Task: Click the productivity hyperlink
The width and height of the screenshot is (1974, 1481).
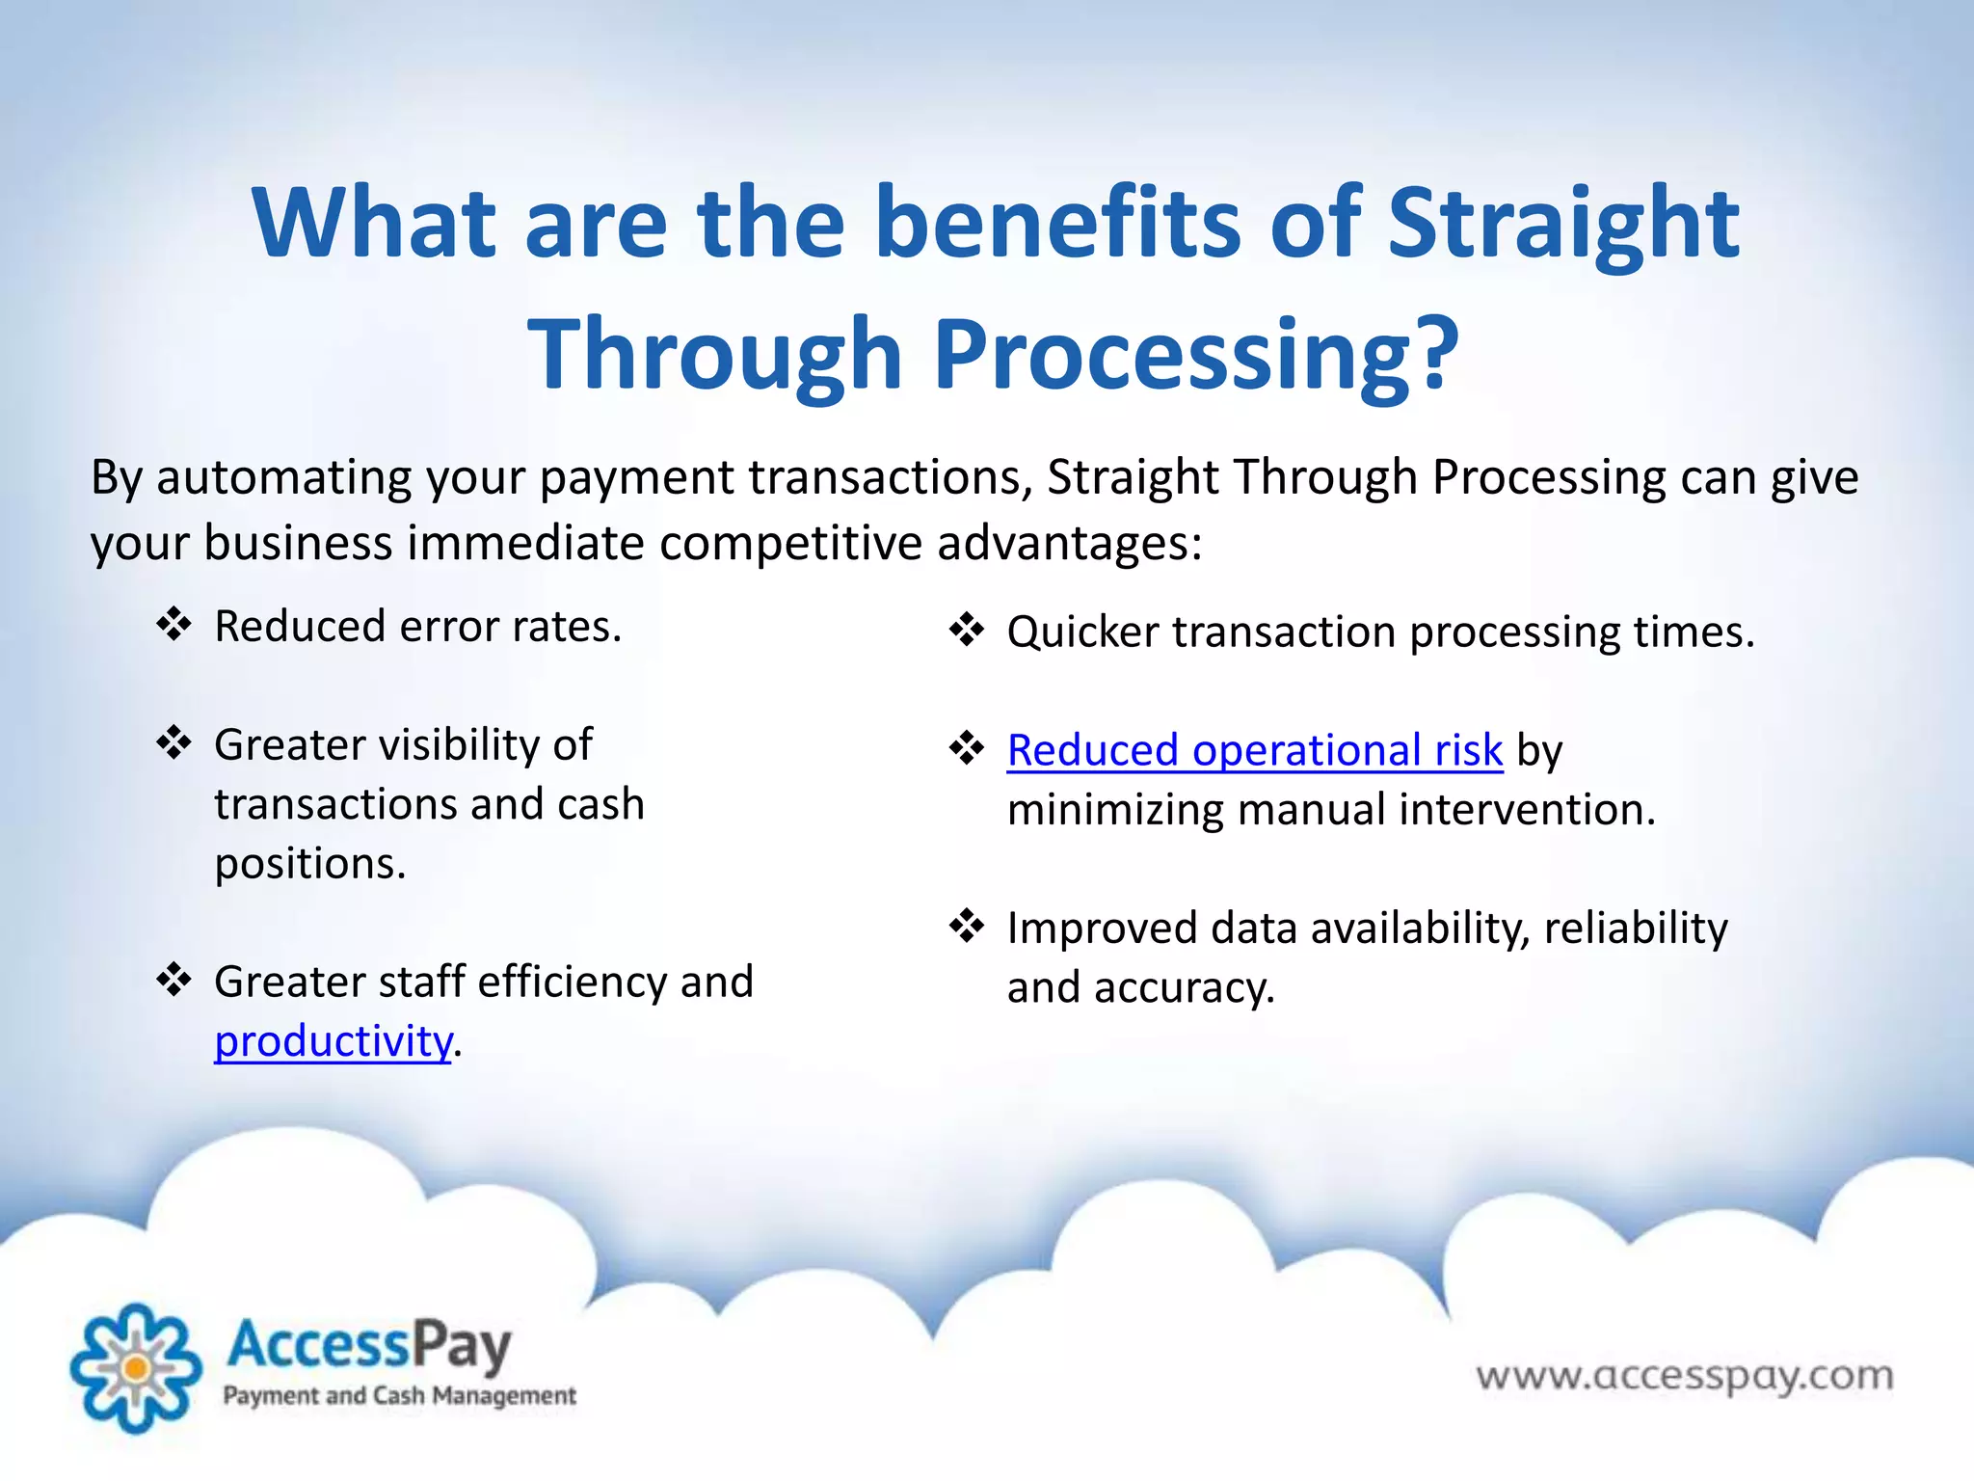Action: [x=333, y=1041]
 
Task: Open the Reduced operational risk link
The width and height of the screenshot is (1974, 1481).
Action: [x=1254, y=750]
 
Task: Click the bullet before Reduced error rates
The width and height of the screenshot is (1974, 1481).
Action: [x=174, y=625]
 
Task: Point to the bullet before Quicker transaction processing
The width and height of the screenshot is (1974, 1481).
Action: [x=967, y=631]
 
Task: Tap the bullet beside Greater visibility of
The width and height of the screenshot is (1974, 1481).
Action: [x=174, y=743]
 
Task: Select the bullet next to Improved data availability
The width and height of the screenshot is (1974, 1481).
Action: [x=967, y=927]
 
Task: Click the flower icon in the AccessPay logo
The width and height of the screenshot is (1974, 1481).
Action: [x=136, y=1367]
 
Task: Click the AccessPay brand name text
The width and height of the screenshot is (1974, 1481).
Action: [x=368, y=1346]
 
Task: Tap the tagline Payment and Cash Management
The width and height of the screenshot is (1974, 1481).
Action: [x=399, y=1395]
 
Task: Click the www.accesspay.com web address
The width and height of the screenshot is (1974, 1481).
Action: [x=1684, y=1376]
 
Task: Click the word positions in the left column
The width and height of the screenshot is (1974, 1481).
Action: [x=309, y=864]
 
